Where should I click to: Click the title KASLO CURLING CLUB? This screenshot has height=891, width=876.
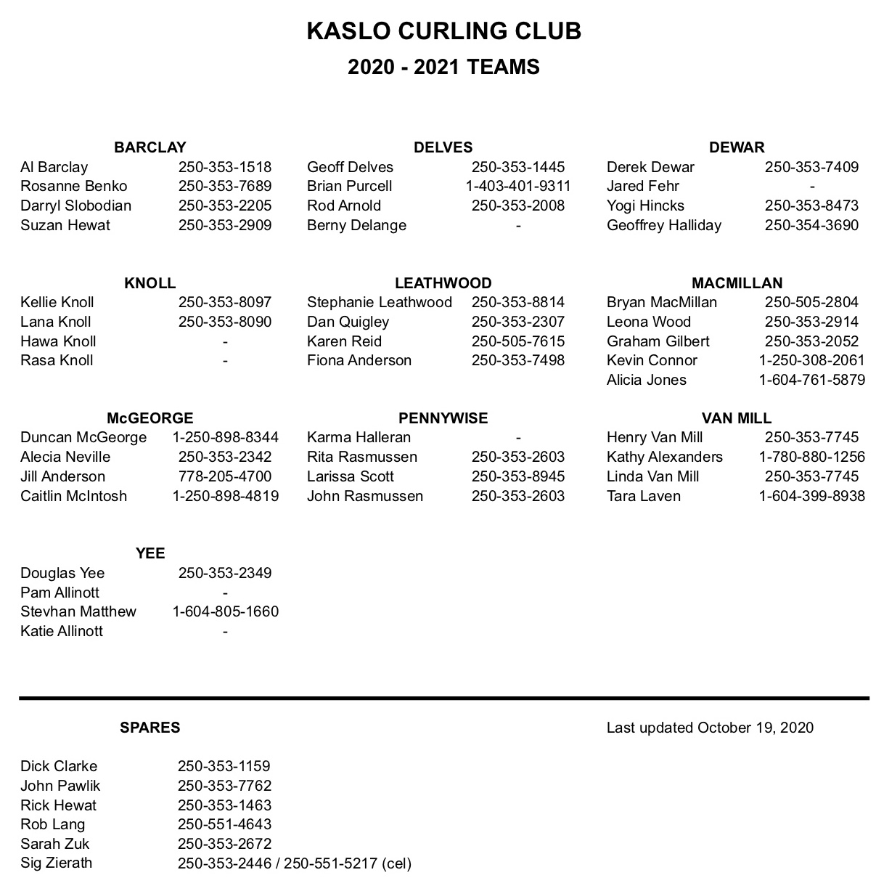(x=443, y=31)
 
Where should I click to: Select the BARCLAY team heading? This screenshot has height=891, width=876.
(x=150, y=147)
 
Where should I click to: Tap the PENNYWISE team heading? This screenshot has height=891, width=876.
(x=443, y=418)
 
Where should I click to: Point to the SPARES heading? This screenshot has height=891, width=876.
(x=150, y=728)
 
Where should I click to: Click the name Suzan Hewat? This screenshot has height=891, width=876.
(x=65, y=225)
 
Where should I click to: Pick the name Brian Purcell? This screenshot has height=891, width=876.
(x=349, y=186)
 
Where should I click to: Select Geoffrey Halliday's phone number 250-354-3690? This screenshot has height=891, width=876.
(x=811, y=225)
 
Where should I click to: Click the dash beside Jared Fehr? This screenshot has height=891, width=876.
(x=811, y=187)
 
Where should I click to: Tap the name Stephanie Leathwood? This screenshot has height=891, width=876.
(x=379, y=302)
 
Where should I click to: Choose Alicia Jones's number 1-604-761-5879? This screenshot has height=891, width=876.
(x=811, y=380)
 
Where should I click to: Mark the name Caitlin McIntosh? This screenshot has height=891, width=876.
(x=73, y=496)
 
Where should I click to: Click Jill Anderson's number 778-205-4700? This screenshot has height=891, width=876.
(x=225, y=476)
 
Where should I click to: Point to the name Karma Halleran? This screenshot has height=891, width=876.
(x=359, y=437)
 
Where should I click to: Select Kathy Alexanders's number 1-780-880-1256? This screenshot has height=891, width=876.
(x=811, y=457)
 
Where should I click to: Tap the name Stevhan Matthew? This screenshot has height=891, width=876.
(x=78, y=611)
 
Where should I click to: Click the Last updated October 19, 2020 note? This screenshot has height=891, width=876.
(x=710, y=728)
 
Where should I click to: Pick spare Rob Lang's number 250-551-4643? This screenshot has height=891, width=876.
(x=224, y=824)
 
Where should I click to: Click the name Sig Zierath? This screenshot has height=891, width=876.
(x=56, y=863)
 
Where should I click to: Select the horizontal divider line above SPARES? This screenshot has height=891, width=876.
(x=443, y=698)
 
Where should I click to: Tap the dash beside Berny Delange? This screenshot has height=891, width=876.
(x=518, y=226)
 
